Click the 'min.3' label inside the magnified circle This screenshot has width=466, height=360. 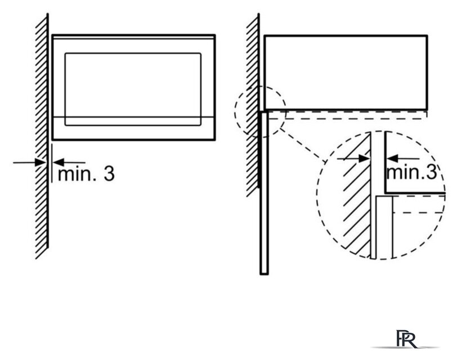point(412,172)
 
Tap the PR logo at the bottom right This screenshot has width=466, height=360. point(406,339)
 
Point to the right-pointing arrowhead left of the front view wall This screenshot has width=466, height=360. point(40,163)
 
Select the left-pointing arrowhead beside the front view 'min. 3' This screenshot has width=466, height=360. point(59,163)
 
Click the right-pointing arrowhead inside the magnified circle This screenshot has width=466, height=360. point(364,159)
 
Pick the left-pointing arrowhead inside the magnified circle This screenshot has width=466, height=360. point(392,159)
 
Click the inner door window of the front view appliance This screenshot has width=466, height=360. point(133,89)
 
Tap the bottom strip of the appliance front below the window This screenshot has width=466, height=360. point(133,128)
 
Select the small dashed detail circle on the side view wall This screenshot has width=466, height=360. point(261,112)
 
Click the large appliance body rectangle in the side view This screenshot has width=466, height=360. point(346,73)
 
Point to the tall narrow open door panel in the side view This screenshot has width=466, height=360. point(264,193)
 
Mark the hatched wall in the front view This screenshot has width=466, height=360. point(42,136)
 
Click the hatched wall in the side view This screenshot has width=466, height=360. point(253,105)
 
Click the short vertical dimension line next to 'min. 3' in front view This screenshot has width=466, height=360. point(52,163)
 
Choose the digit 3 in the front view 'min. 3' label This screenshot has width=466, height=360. point(109,173)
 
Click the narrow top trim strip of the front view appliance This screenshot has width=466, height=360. point(133,37)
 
